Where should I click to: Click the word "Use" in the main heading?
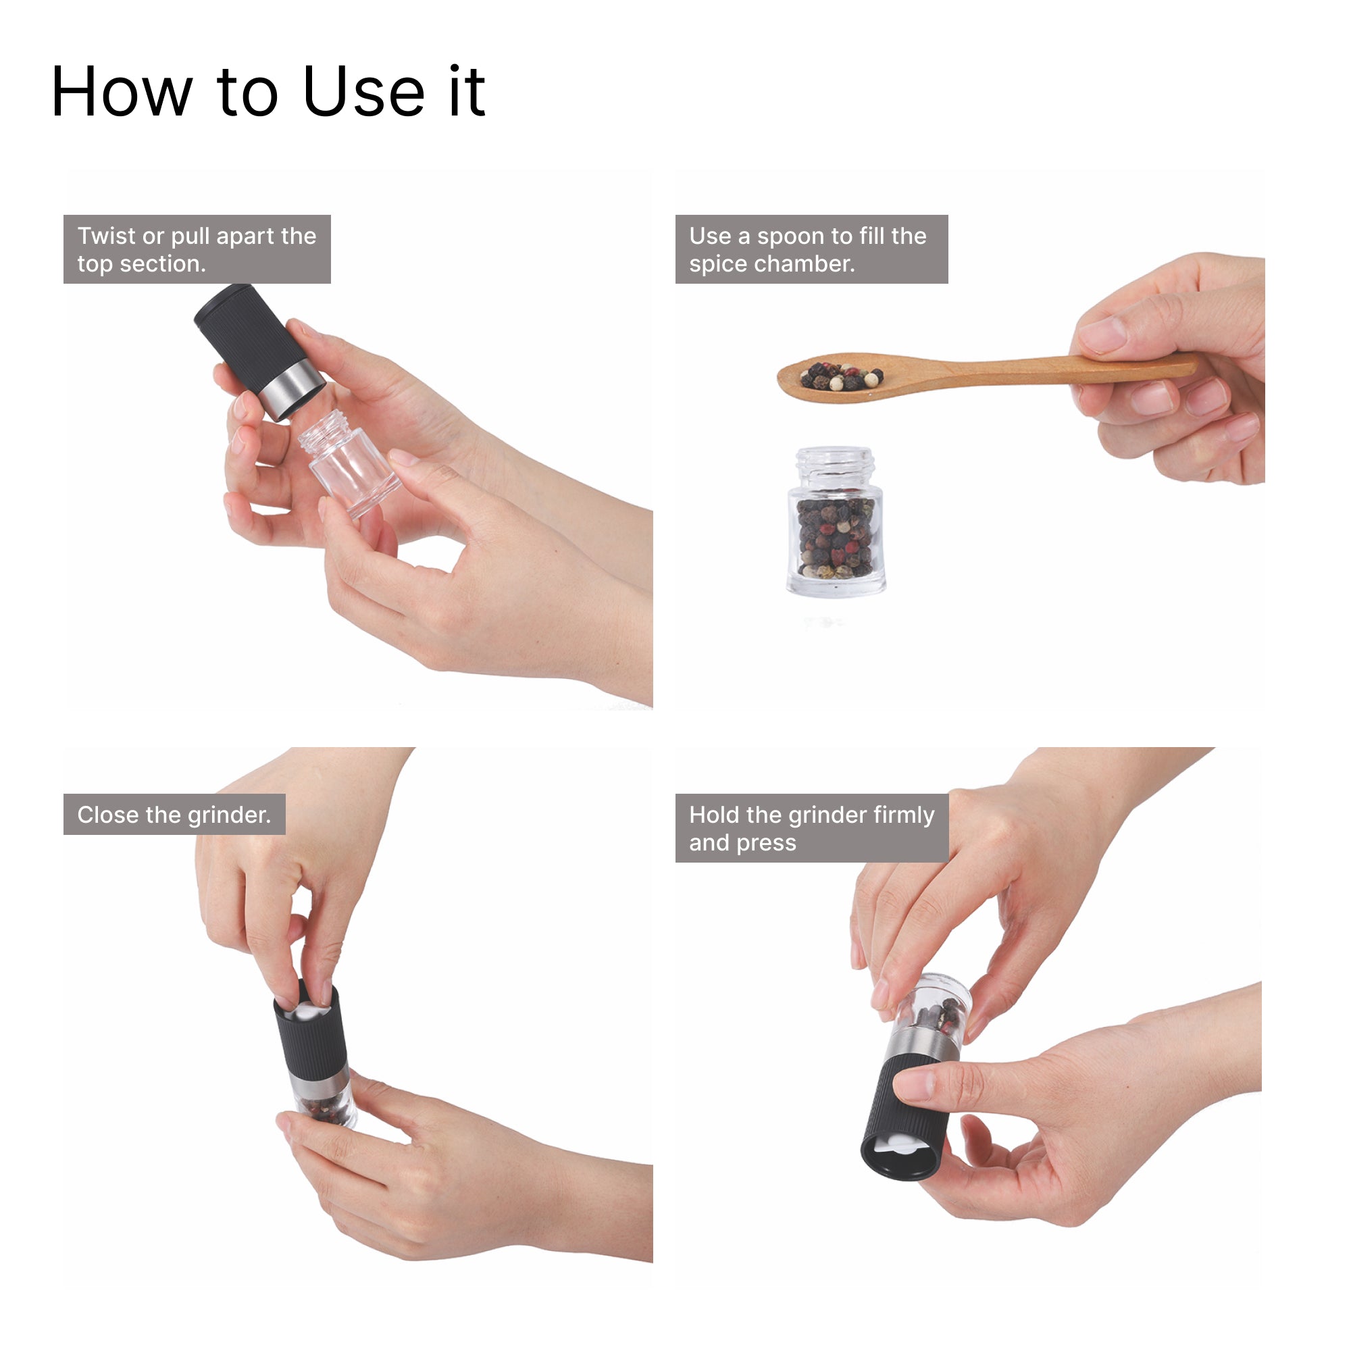click(x=364, y=92)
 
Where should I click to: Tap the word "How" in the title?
click(x=122, y=92)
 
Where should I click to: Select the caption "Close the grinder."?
click(x=174, y=815)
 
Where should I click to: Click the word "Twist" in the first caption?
click(x=106, y=236)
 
